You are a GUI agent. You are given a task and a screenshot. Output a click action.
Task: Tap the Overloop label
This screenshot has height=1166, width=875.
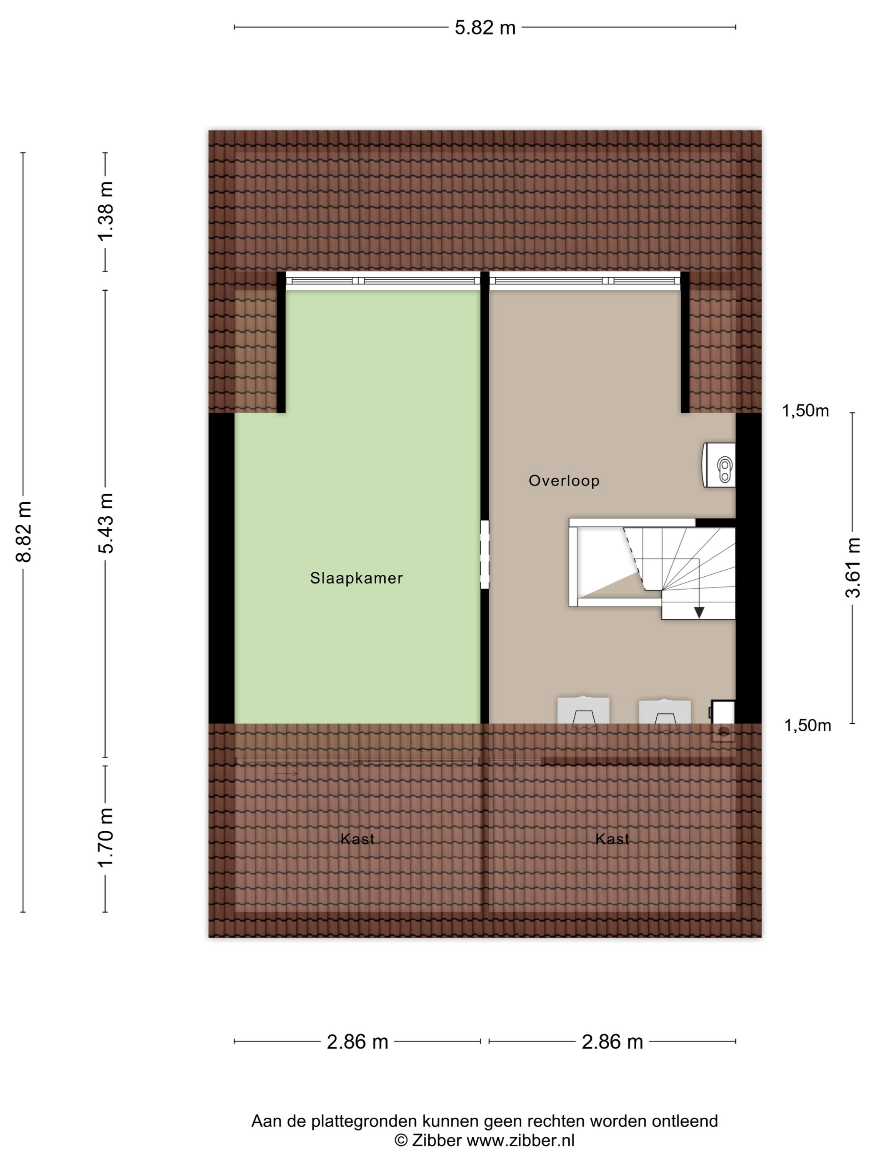point(564,481)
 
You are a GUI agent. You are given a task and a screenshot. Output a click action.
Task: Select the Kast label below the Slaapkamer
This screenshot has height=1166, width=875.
point(357,839)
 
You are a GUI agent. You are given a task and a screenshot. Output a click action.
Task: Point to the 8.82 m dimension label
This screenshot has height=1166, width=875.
point(24,532)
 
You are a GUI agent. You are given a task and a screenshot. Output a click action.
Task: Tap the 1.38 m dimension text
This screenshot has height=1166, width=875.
point(105,211)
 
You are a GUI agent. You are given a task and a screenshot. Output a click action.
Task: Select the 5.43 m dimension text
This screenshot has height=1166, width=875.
point(105,523)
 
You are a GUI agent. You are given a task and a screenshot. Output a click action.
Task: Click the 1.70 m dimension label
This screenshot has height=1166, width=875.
point(105,837)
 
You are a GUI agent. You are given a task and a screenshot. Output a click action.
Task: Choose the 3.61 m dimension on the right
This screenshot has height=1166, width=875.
point(853,568)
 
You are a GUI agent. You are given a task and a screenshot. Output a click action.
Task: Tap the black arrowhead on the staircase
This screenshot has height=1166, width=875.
point(699,613)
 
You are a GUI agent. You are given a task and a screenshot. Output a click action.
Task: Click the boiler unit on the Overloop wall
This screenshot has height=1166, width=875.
point(718,465)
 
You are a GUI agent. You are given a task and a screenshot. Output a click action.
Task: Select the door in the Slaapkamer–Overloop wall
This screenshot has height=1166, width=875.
point(485,555)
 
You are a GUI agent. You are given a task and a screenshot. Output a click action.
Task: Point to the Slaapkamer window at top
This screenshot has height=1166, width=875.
point(383,281)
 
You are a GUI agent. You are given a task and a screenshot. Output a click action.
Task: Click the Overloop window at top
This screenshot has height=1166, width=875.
point(585,281)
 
